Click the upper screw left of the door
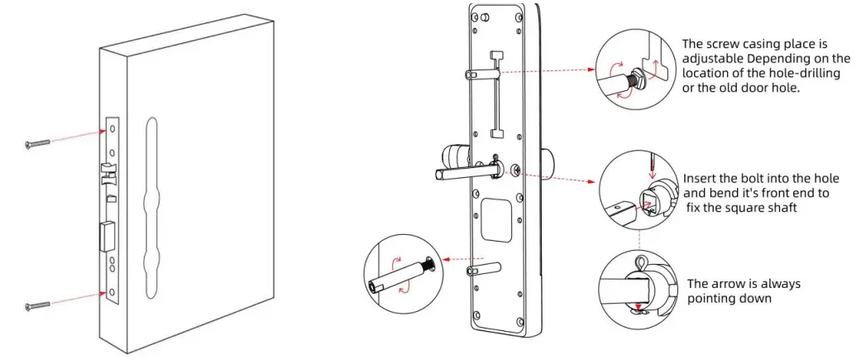38,143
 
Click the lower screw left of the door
38,305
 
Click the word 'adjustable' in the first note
714,59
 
